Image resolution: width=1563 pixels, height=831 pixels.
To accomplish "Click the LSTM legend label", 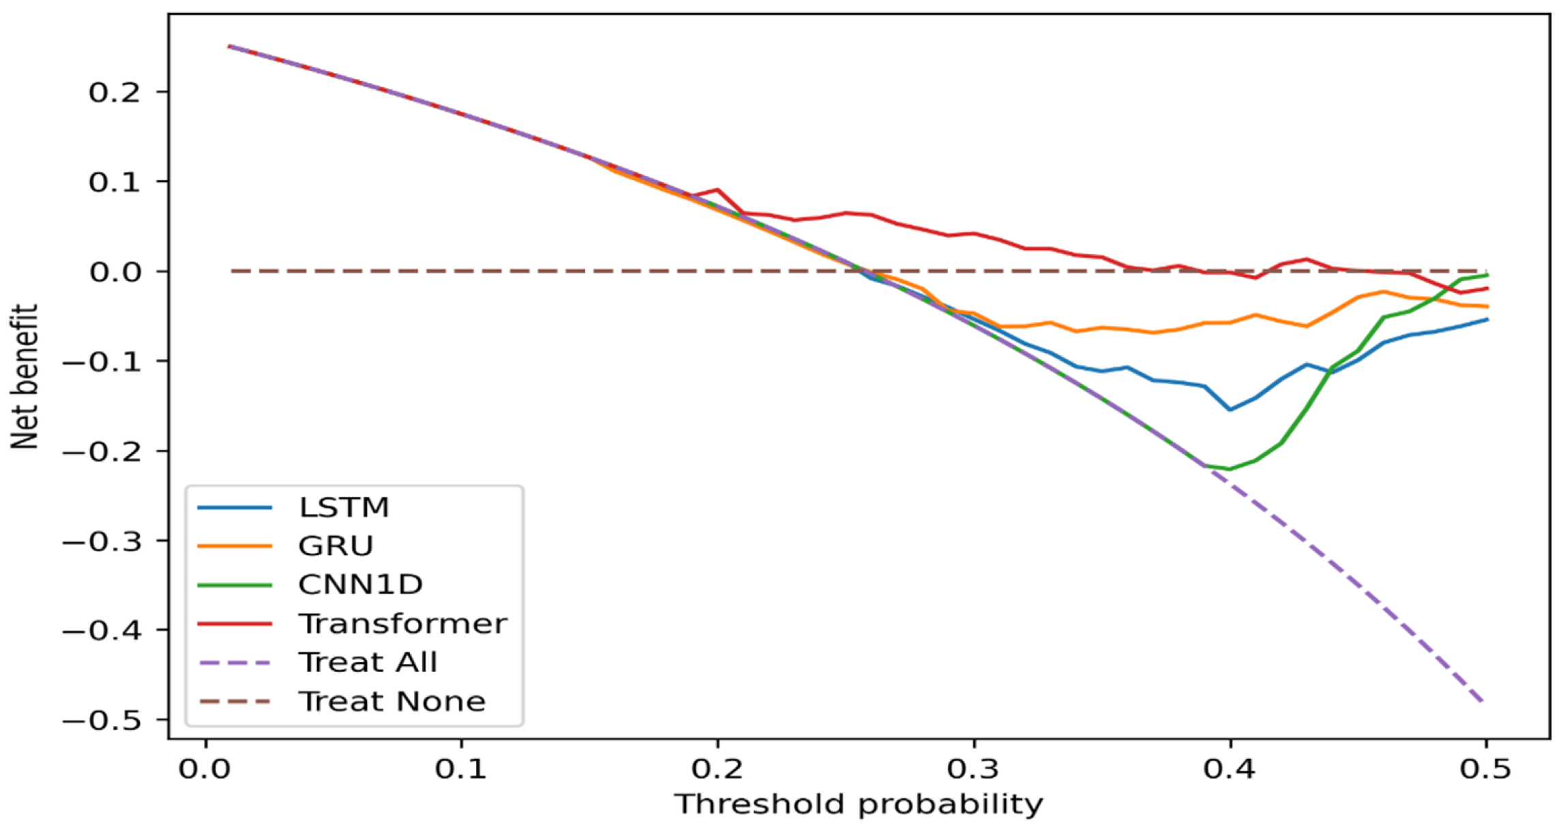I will click(x=343, y=508).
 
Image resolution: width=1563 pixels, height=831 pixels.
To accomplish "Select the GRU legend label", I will click(x=336, y=546).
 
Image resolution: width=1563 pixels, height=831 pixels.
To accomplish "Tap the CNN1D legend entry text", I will click(x=360, y=585).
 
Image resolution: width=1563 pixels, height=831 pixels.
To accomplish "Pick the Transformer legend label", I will click(x=402, y=624).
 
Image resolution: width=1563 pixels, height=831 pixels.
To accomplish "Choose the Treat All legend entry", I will click(x=368, y=663).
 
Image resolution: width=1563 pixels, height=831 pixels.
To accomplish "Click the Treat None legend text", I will click(x=391, y=701).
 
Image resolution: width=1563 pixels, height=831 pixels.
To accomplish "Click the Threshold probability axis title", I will click(x=859, y=805).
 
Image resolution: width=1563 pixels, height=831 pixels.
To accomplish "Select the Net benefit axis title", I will click(x=25, y=376).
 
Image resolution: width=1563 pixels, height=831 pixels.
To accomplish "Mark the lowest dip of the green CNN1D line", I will click(x=1230, y=469).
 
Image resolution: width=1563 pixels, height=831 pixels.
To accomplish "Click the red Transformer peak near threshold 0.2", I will click(x=717, y=190).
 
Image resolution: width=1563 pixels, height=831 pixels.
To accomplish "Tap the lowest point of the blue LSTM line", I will click(x=1230, y=410).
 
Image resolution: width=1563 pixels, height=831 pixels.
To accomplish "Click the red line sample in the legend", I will click(x=234, y=624).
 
